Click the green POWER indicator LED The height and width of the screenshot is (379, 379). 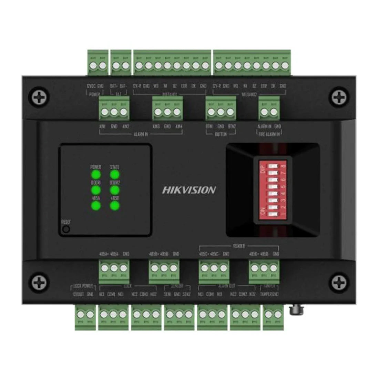click(95, 174)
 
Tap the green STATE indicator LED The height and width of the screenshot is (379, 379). click(115, 174)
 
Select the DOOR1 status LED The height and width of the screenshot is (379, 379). click(95, 190)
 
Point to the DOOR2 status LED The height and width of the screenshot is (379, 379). click(115, 190)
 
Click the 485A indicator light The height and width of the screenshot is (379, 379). click(95, 206)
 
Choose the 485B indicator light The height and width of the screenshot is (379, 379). click(115, 206)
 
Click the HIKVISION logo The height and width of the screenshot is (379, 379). click(189, 190)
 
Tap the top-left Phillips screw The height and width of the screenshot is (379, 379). click(39, 97)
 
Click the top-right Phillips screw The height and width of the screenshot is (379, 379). click(339, 97)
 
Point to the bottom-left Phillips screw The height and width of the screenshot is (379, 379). click(39, 281)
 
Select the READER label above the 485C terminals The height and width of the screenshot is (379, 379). click(239, 246)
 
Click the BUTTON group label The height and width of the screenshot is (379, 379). click(221, 134)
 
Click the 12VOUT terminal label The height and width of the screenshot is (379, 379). click(79, 294)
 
